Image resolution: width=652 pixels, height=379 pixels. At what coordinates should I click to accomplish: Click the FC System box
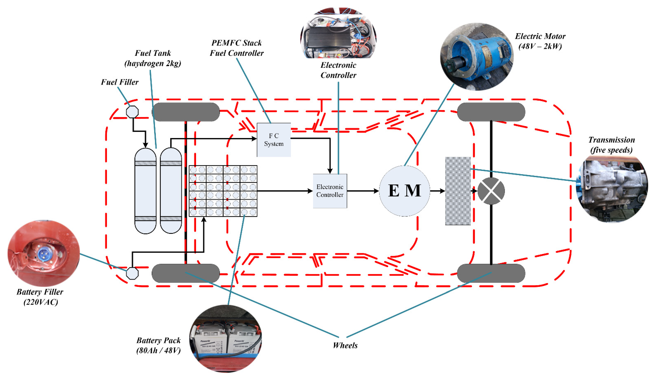[274, 140]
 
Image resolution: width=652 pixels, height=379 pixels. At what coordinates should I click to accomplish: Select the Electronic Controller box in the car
[330, 191]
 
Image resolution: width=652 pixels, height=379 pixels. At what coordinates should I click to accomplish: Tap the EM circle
[404, 191]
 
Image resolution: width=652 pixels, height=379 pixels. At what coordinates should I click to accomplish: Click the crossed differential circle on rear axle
[491, 191]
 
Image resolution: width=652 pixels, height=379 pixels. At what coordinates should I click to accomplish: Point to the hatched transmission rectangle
[458, 191]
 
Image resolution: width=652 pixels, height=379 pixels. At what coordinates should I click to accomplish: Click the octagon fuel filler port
[132, 112]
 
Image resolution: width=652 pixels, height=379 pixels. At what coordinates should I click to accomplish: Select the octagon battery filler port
[132, 273]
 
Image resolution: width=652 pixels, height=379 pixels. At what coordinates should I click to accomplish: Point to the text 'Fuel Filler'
[119, 82]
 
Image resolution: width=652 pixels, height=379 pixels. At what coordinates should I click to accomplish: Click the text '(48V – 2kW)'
[540, 47]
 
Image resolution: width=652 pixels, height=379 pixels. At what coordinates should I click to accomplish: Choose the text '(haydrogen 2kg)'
[153, 63]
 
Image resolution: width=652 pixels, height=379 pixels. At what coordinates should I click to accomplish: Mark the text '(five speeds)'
[611, 150]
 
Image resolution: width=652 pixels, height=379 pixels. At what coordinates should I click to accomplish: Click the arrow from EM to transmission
[438, 191]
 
